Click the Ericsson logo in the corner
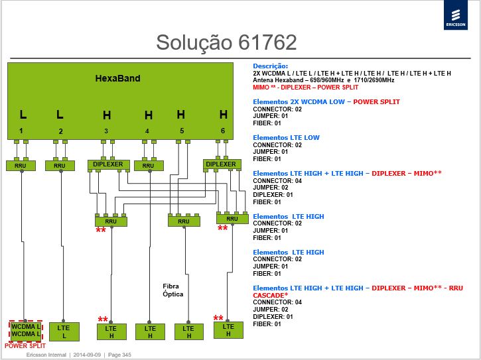(x=456, y=15)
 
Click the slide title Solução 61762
(x=226, y=42)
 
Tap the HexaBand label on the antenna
(x=118, y=78)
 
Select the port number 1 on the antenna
(x=21, y=131)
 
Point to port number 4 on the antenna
(x=147, y=131)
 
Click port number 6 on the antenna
(x=223, y=131)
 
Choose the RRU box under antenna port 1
(x=21, y=166)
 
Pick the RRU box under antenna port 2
(x=60, y=166)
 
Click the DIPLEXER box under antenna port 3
(x=108, y=164)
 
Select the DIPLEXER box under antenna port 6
(x=222, y=164)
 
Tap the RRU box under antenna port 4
(x=149, y=166)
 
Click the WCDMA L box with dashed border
(x=25, y=331)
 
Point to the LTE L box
(x=64, y=331)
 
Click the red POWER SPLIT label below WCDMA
(x=25, y=346)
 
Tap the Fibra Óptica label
(x=172, y=290)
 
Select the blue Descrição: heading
(x=271, y=66)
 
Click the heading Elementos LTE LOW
(x=286, y=138)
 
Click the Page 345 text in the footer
(x=119, y=355)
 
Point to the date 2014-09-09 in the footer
(x=87, y=355)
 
